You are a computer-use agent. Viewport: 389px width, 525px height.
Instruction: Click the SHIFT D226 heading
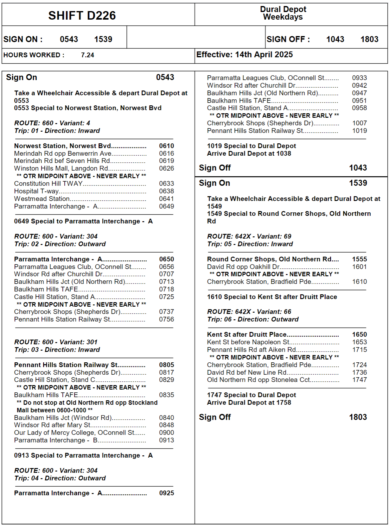pyautogui.click(x=82, y=16)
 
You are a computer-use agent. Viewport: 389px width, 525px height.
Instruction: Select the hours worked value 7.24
pyautogui.click(x=87, y=55)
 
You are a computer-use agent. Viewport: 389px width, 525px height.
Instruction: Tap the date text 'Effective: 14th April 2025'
pyautogui.click(x=244, y=55)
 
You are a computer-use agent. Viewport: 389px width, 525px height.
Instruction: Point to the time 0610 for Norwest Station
pyautogui.click(x=166, y=146)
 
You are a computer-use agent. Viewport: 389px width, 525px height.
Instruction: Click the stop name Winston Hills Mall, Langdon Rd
pyautogui.click(x=61, y=168)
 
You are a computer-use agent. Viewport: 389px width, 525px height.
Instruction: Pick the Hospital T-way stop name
pyautogui.click(x=36, y=191)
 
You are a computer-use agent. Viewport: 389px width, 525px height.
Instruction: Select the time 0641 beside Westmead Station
pyautogui.click(x=166, y=199)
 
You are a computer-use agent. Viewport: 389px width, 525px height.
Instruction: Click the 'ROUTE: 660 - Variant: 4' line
pyautogui.click(x=52, y=123)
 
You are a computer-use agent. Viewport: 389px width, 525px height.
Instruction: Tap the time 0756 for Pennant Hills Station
pyautogui.click(x=166, y=319)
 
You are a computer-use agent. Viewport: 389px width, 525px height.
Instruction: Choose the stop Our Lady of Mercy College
pyautogui.click(x=74, y=433)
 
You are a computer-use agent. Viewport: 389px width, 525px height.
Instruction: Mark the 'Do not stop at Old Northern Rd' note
pyautogui.click(x=87, y=406)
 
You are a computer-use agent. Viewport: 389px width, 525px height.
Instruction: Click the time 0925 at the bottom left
pyautogui.click(x=166, y=493)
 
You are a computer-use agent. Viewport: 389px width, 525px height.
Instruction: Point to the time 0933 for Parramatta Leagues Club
pyautogui.click(x=359, y=78)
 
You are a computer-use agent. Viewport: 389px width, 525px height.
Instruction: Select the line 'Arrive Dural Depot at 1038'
pyautogui.click(x=249, y=153)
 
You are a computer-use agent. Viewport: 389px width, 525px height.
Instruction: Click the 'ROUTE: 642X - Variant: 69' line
pyautogui.click(x=249, y=236)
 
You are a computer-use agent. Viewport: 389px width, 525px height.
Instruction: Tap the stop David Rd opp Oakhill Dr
pyautogui.click(x=243, y=267)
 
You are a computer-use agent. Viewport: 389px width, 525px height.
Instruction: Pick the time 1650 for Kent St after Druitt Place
pyautogui.click(x=359, y=334)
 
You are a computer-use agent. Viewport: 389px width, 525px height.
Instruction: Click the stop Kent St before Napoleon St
pyautogui.click(x=248, y=342)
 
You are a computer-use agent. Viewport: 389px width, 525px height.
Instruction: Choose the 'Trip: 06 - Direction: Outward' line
pyautogui.click(x=253, y=319)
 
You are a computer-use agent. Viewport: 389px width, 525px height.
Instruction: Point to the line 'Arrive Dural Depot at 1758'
pyautogui.click(x=249, y=403)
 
